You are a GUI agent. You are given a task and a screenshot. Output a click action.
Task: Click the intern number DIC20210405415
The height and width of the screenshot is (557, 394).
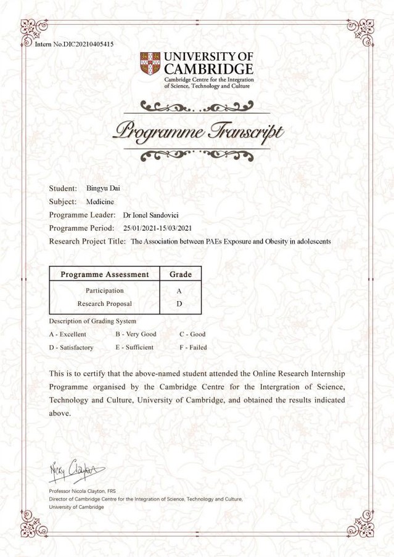coord(84,44)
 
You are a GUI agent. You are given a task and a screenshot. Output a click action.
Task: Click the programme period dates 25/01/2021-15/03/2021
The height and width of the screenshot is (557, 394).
coord(162,228)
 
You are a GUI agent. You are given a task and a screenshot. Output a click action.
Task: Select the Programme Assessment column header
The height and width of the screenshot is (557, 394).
coord(105,274)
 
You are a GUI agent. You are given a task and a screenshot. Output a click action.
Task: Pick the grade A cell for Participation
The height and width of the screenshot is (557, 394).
coord(179,291)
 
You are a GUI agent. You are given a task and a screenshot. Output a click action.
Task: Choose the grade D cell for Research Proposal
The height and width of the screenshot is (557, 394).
coord(179,303)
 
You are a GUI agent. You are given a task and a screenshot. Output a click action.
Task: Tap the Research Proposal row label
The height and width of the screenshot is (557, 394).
coord(105,303)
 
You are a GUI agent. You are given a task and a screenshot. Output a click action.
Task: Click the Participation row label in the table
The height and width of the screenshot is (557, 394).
coord(105,291)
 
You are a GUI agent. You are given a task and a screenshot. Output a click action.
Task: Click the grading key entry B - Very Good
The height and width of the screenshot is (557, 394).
coord(136,334)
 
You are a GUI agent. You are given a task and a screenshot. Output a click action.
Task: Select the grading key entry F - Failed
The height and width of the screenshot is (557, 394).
coord(193,347)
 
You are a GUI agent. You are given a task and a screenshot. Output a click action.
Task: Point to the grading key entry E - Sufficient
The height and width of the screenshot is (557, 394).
coord(134,347)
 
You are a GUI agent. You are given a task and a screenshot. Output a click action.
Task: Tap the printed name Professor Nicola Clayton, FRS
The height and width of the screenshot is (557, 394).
coord(82,491)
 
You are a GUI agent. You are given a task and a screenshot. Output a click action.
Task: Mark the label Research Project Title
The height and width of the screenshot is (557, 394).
coord(88,242)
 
